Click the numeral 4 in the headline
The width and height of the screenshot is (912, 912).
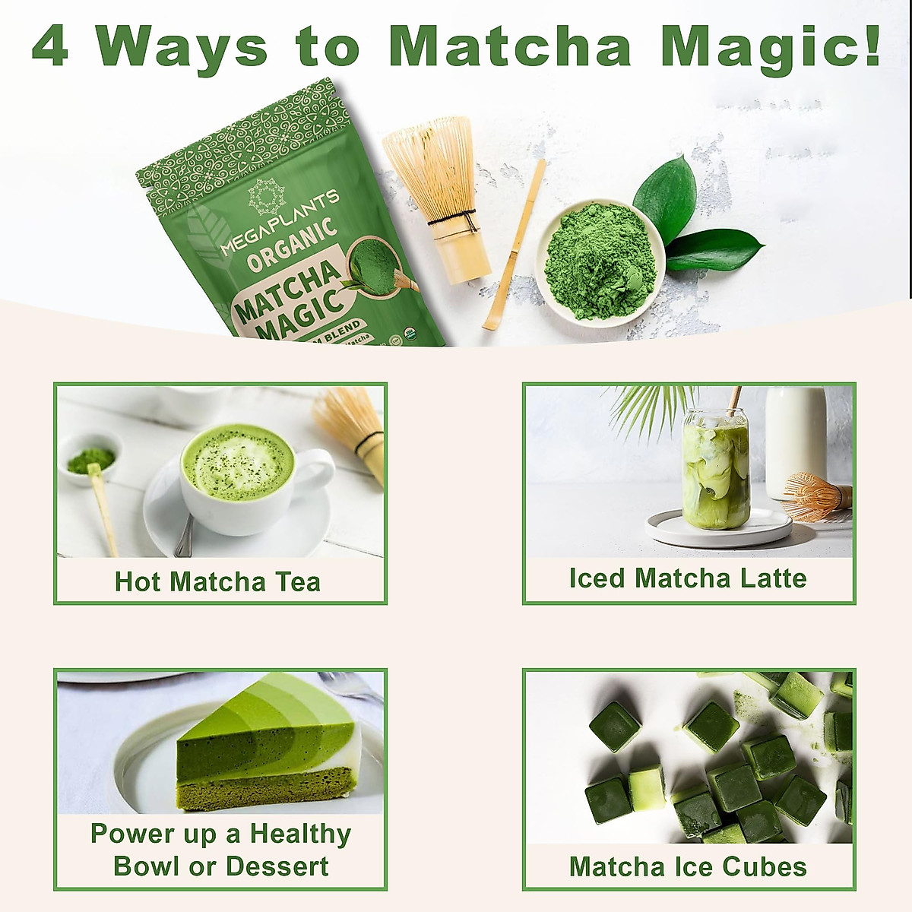coord(50,46)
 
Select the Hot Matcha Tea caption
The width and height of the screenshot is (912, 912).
coord(218,582)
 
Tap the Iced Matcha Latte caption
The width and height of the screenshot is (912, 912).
coord(688,578)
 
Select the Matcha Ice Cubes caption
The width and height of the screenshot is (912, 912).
coord(688,867)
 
